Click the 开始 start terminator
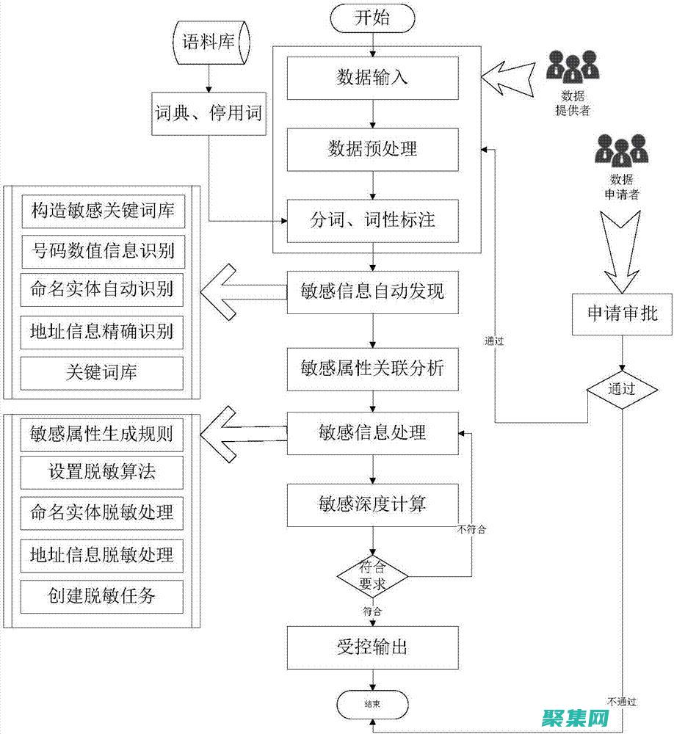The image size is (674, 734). [x=373, y=18]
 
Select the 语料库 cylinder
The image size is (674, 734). [x=208, y=42]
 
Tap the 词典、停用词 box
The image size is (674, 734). [x=208, y=113]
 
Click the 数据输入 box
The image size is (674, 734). [x=373, y=78]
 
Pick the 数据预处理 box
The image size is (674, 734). [x=373, y=149]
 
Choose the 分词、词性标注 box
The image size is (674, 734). [x=373, y=220]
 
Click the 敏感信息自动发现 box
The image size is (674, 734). [x=373, y=291]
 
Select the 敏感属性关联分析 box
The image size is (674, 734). [x=373, y=368]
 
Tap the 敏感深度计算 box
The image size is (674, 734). [x=373, y=504]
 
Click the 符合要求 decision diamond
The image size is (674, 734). [x=373, y=575]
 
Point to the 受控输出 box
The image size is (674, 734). [x=373, y=647]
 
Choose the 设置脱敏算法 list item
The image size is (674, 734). [x=102, y=471]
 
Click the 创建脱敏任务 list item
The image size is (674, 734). [x=102, y=596]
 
